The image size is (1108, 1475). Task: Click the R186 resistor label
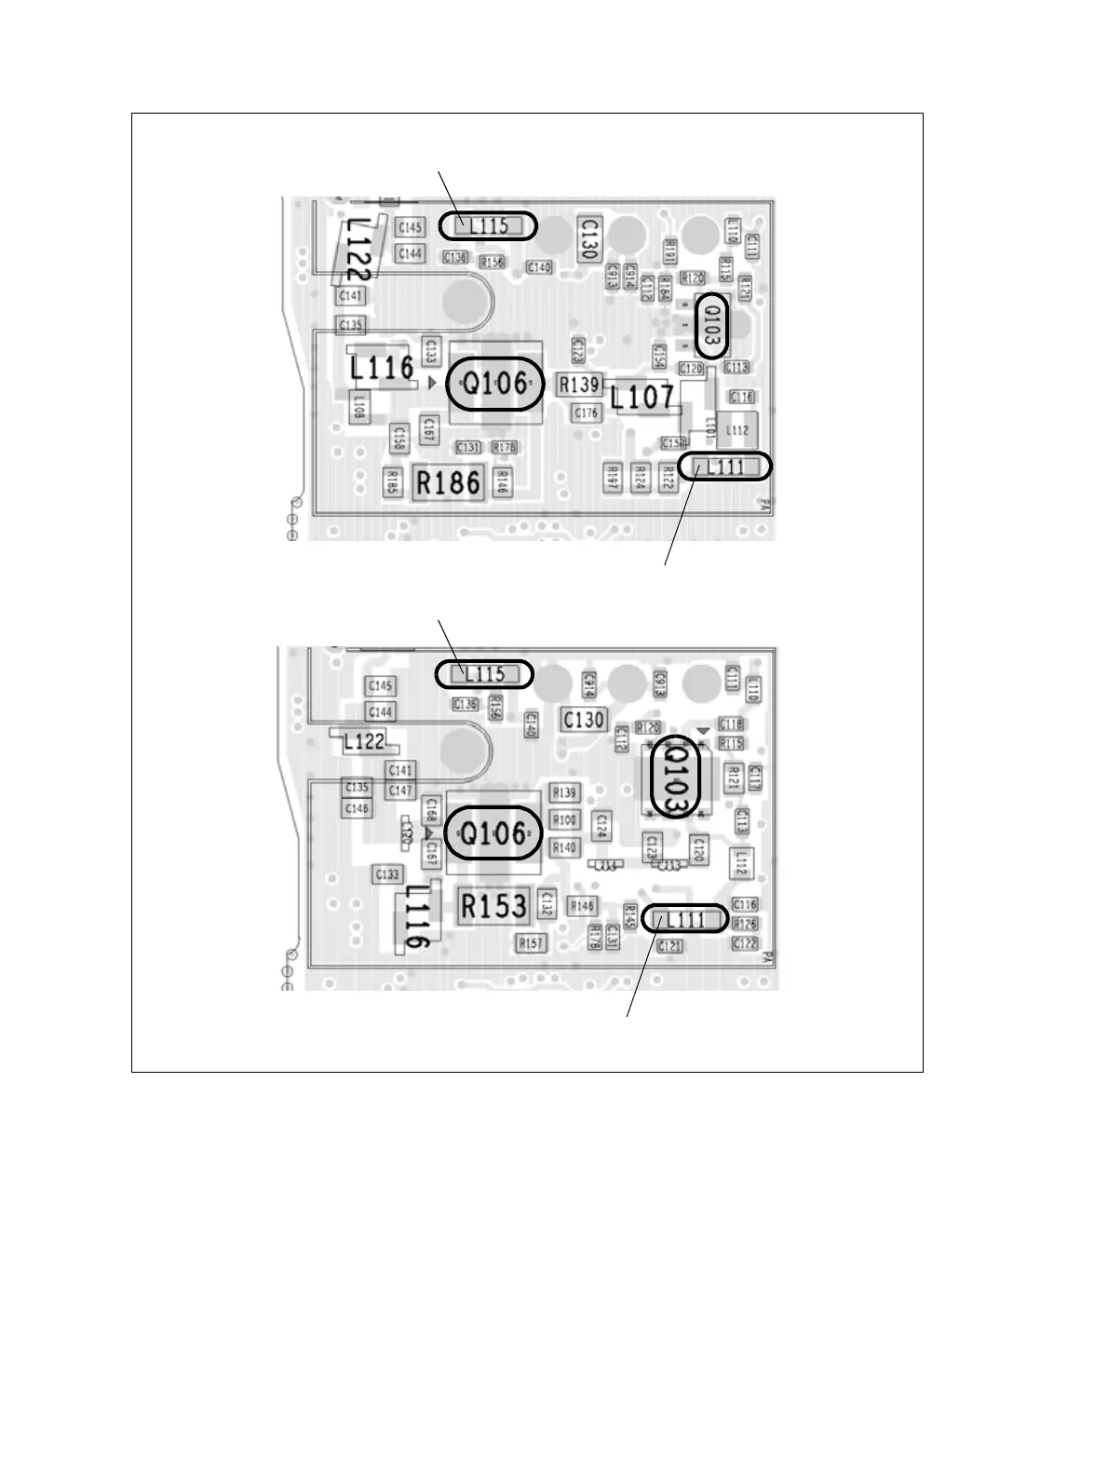pos(449,482)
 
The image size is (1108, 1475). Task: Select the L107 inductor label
pos(642,399)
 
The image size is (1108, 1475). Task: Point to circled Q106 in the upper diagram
pos(494,384)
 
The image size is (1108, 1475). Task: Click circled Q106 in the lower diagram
pos(493,833)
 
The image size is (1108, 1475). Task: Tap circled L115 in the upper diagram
pos(488,225)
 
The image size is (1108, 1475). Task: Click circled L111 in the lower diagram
pos(686,920)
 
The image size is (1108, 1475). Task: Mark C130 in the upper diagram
pos(588,238)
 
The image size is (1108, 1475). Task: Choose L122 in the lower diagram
pos(363,742)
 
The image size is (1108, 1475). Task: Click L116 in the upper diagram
pos(382,369)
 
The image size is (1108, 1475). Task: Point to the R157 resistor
pos(531,943)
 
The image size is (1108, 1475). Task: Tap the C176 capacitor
pos(587,413)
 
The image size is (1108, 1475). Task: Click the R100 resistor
pos(564,820)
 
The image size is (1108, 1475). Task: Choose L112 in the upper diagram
pos(737,430)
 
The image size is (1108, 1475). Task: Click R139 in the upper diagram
pos(579,384)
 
